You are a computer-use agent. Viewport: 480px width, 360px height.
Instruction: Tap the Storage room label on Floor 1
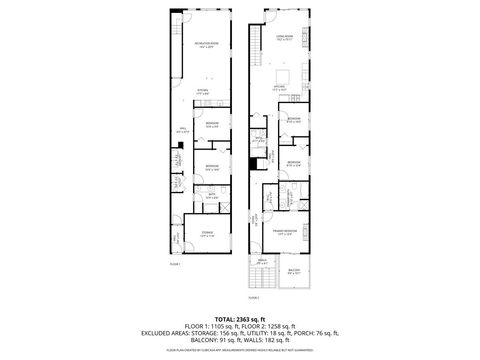coord(206,234)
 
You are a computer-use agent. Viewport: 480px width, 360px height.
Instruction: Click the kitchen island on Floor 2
coord(283,77)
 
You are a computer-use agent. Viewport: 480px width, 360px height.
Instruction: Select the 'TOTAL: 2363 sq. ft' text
coord(239,318)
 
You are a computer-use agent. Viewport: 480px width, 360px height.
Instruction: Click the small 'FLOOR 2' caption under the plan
coord(254,297)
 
